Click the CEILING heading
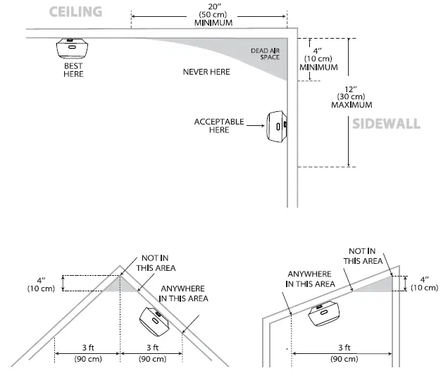pyautogui.click(x=75, y=11)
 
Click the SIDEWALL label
pyautogui.click(x=386, y=124)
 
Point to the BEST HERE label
pyautogui.click(x=73, y=70)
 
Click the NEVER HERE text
pyautogui.click(x=206, y=72)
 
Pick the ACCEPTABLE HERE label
pyautogui.click(x=219, y=126)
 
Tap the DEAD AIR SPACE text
pyautogui.click(x=265, y=54)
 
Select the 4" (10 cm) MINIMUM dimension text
pyautogui.click(x=318, y=59)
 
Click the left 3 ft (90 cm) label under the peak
pyautogui.click(x=87, y=353)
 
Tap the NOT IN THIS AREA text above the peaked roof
pyautogui.click(x=158, y=263)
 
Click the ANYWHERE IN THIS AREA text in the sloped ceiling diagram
pyautogui.click(x=311, y=279)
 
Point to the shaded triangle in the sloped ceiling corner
pyautogui.click(x=379, y=283)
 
